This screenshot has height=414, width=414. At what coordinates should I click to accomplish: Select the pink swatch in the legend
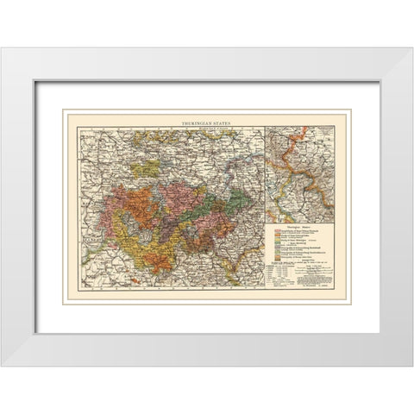coord(277,230)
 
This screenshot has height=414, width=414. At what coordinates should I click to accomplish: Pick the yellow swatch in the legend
coord(277,240)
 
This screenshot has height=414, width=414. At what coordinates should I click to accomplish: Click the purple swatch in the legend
coord(277,248)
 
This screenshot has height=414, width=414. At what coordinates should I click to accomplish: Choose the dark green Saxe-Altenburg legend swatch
coord(277,244)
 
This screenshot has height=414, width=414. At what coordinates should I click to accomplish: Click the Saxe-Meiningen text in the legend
coord(298,240)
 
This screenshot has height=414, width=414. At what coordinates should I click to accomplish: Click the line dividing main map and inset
coord(265,172)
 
